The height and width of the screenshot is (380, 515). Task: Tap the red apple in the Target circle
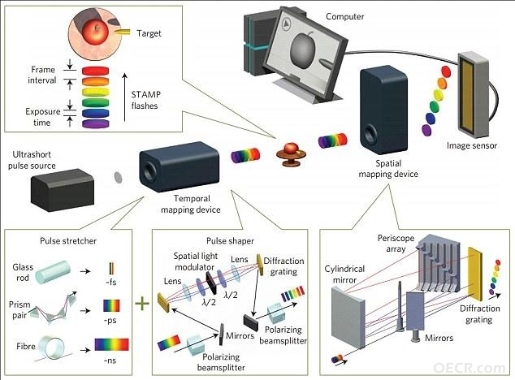(x=95, y=31)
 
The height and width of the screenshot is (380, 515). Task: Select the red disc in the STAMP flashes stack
(x=95, y=71)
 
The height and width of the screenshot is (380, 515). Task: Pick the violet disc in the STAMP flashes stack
(x=95, y=123)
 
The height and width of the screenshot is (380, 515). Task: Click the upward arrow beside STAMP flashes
(x=125, y=97)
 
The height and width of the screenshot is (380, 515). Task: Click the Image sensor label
(x=472, y=145)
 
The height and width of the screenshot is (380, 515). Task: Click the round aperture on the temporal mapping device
(x=149, y=171)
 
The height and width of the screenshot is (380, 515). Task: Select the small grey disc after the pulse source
(x=118, y=178)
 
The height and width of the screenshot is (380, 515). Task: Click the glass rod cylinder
(x=53, y=272)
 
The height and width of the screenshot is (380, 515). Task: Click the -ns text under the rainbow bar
(x=110, y=361)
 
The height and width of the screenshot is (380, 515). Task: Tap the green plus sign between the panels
(x=142, y=304)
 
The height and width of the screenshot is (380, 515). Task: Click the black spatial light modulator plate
(x=211, y=283)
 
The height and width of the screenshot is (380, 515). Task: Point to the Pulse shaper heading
(x=230, y=241)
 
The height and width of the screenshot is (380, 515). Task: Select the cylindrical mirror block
(x=348, y=317)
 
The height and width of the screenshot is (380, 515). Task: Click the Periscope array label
(x=396, y=244)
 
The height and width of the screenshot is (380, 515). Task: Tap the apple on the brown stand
(x=291, y=148)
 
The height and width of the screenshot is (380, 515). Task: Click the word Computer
(x=345, y=17)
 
